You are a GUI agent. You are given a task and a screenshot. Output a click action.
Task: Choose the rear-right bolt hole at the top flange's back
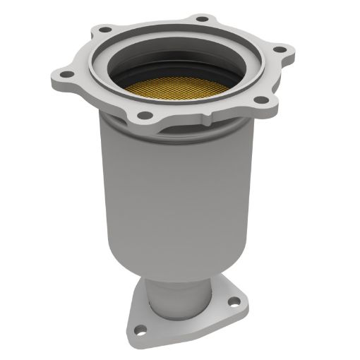click(x=202, y=18)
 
